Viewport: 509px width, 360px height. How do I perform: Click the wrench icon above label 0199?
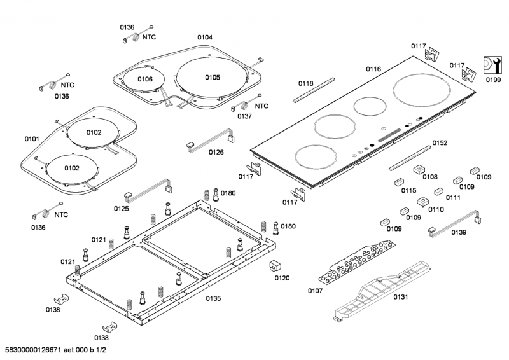click(492, 66)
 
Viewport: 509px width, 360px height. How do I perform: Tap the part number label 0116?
click(373, 68)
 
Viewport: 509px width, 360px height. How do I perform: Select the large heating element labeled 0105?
click(211, 78)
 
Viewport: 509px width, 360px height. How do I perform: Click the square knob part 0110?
click(421, 202)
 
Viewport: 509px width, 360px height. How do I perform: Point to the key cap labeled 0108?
click(418, 170)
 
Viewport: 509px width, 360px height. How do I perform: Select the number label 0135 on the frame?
click(213, 298)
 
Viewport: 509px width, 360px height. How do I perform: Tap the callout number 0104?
click(204, 38)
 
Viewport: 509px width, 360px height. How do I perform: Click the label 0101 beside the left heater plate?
click(31, 138)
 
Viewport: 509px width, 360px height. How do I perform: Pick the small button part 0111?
click(438, 191)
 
